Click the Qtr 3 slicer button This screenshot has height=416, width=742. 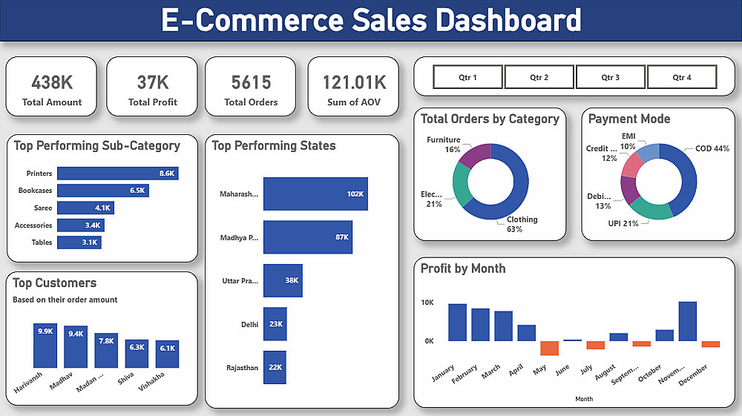click(x=611, y=77)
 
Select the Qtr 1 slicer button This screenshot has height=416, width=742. click(x=467, y=77)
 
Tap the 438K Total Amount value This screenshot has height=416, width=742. click(x=52, y=83)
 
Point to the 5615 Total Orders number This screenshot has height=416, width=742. click(x=251, y=83)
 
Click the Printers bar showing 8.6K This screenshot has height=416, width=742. click(x=118, y=174)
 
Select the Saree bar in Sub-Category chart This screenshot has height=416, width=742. click(x=85, y=208)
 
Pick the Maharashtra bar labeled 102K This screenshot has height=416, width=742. click(x=315, y=194)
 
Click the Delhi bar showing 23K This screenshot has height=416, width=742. click(x=275, y=324)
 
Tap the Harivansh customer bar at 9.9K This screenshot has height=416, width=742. click(x=45, y=346)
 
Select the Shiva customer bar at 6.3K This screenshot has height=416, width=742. click(x=137, y=354)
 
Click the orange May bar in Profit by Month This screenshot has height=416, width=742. click(x=549, y=348)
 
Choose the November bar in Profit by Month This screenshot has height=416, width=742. click(x=688, y=322)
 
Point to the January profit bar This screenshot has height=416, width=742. click(x=457, y=323)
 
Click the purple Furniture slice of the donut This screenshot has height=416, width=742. click(x=474, y=154)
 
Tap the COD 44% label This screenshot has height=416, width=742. click(x=712, y=148)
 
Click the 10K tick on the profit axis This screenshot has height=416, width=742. click(x=427, y=303)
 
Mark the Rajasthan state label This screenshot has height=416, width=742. click(x=243, y=368)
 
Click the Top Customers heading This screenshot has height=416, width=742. click(x=54, y=283)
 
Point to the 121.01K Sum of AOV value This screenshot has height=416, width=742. click(x=355, y=83)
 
